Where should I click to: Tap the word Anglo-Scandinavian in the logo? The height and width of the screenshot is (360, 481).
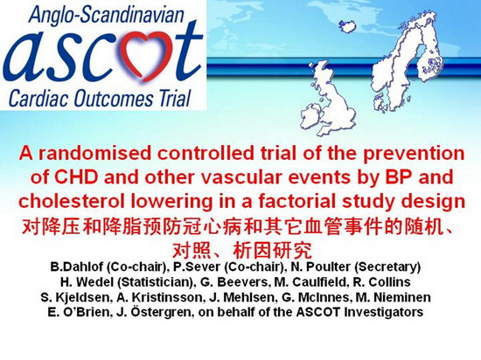(106, 15)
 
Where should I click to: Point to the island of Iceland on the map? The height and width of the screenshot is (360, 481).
(349, 26)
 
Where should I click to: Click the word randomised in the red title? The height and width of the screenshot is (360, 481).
(94, 153)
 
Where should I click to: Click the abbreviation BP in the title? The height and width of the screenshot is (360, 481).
(399, 177)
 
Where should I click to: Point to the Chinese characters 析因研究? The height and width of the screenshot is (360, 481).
(272, 251)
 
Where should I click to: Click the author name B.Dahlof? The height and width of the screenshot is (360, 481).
(77, 267)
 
